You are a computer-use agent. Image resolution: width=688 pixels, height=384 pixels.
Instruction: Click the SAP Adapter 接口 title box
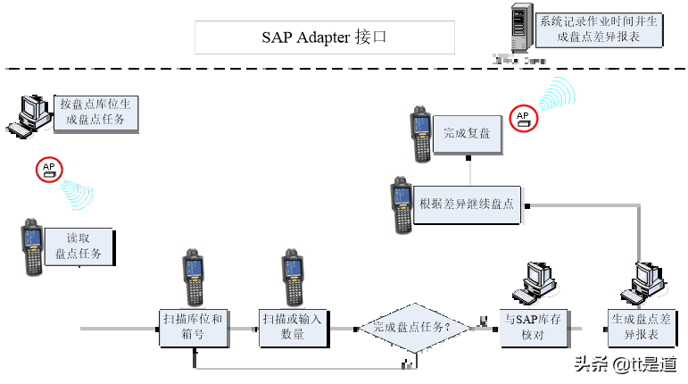(x=325, y=38)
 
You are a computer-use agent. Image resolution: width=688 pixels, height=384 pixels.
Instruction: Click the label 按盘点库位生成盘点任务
(x=95, y=113)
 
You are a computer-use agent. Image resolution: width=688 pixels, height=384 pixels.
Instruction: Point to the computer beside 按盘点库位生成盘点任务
(x=32, y=114)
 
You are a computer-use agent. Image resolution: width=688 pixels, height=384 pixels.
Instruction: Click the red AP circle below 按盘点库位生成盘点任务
(x=48, y=170)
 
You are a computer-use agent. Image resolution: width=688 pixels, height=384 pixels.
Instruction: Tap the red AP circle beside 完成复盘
(x=523, y=118)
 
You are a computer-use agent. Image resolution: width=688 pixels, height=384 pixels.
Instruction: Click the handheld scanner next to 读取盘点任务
(x=32, y=246)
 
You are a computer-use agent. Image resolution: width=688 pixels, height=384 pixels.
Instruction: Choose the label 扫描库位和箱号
(x=193, y=327)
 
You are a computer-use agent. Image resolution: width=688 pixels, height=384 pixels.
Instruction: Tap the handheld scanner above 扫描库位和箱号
(x=193, y=279)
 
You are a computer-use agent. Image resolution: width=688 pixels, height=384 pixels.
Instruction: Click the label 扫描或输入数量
(x=292, y=327)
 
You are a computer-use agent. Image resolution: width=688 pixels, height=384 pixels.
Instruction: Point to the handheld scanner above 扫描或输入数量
(x=292, y=279)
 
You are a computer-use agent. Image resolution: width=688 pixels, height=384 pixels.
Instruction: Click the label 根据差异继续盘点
(x=467, y=204)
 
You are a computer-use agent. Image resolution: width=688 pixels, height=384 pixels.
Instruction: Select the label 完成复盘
(x=467, y=133)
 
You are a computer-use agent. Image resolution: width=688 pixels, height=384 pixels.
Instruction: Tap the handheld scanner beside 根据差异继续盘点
(x=401, y=205)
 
